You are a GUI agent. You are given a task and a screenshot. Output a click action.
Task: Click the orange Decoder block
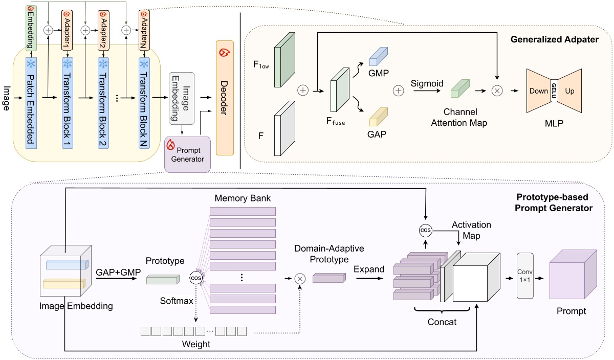(225, 97)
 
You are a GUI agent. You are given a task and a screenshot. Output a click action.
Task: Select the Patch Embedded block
(31, 102)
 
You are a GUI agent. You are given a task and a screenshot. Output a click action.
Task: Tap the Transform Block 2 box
(104, 102)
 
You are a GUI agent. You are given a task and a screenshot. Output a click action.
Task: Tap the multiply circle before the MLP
(497, 91)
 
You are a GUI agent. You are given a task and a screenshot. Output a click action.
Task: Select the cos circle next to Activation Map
(425, 230)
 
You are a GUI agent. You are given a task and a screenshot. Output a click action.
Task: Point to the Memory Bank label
(243, 197)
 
